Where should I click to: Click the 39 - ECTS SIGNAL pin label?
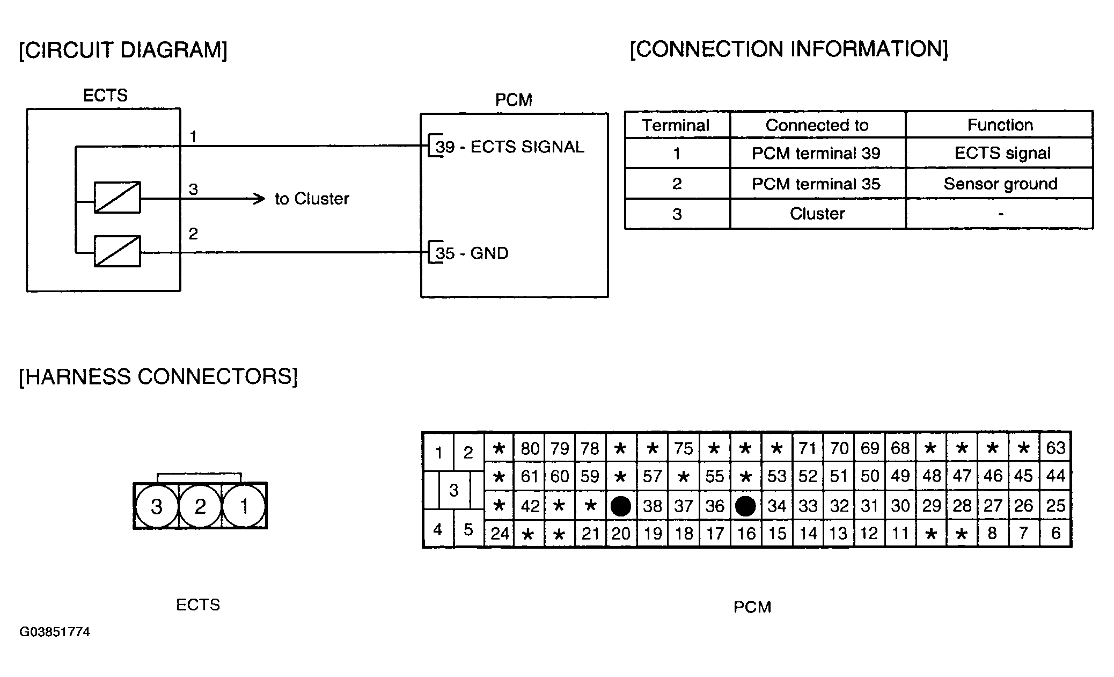click(510, 147)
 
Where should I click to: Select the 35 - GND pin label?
click(472, 253)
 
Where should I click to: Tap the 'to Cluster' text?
click(312, 199)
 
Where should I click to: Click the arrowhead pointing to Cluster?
click(259, 199)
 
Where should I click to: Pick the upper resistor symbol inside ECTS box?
click(118, 198)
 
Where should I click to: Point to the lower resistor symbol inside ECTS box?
click(118, 251)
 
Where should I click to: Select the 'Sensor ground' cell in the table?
click(1000, 184)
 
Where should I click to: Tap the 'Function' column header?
click(1000, 125)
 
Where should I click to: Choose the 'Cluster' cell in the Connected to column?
click(817, 214)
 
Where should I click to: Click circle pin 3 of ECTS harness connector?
click(156, 506)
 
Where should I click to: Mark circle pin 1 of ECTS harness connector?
click(244, 506)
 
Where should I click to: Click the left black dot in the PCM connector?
click(621, 506)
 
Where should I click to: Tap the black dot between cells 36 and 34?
click(745, 506)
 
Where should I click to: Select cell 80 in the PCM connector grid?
click(530, 448)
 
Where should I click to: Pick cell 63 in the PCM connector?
click(1056, 448)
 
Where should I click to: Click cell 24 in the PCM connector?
click(500, 533)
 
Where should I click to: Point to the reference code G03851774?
click(55, 632)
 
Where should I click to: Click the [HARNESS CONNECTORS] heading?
click(158, 377)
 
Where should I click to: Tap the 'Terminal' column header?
click(676, 125)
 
